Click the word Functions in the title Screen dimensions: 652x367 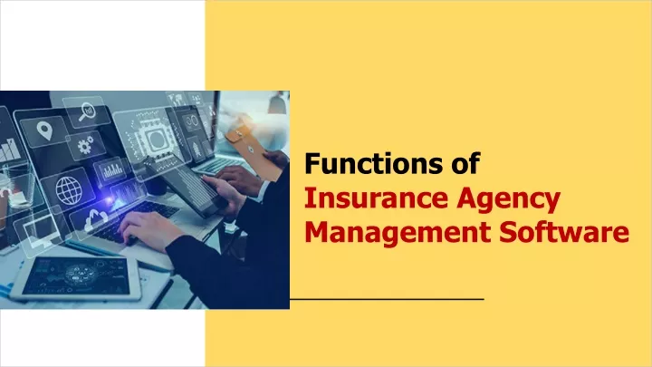pos(374,163)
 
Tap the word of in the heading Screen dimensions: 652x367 pos(465,163)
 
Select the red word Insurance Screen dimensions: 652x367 pos(376,198)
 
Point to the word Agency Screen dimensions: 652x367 pos(508,200)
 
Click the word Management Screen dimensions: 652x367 pos(398,233)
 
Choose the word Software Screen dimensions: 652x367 pos(564,232)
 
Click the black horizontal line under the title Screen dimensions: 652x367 pos(388,299)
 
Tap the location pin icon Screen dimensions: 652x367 pos(44,130)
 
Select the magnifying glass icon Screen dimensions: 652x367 pos(87,111)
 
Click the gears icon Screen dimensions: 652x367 pos(86,146)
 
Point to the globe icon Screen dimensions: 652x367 pos(69,190)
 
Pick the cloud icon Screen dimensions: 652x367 pos(96,219)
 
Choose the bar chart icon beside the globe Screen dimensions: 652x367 pos(112,170)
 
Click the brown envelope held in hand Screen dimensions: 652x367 pos(253,147)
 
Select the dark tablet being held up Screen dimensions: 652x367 pos(187,188)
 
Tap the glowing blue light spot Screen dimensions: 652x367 pos(110,200)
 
